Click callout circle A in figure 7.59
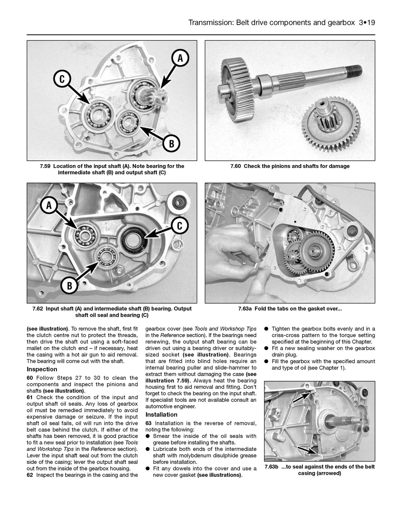pos(180,58)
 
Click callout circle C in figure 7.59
pos(62,79)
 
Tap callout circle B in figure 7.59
pos(171,143)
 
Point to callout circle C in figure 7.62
pos(180,226)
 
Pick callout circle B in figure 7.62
pos(70,285)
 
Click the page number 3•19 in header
pos(367,23)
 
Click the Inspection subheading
pos(42,369)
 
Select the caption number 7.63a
pos(245,309)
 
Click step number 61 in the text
pos(30,397)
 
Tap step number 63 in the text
pos(149,423)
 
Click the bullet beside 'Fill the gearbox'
pos(266,361)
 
